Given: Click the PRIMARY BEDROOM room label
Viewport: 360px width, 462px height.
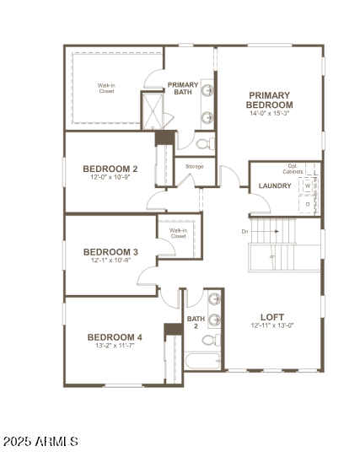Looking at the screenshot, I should point(270,99).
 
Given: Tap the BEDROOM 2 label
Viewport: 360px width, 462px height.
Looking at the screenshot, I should point(111,169).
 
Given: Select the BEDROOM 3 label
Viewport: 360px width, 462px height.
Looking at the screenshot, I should point(110,251).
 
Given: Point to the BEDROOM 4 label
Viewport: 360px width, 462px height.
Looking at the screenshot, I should point(115,337).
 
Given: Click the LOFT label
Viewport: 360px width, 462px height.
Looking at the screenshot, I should point(272,316).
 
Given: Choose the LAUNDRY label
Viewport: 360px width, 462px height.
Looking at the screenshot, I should point(275,185).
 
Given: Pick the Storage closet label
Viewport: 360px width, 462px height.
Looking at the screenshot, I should point(195,166).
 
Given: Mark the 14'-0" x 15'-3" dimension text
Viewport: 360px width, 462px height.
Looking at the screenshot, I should point(270,113).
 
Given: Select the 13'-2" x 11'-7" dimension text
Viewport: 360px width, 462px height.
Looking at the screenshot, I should point(115,346).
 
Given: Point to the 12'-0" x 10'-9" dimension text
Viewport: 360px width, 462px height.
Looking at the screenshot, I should point(111,178).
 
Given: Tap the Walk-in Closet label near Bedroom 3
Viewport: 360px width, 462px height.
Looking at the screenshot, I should point(178,233).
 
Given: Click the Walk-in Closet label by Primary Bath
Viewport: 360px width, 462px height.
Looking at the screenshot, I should point(105,88).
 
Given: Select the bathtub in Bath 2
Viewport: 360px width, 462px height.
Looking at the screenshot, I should point(201,363).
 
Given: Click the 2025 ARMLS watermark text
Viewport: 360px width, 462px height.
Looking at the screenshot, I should point(41,441).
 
